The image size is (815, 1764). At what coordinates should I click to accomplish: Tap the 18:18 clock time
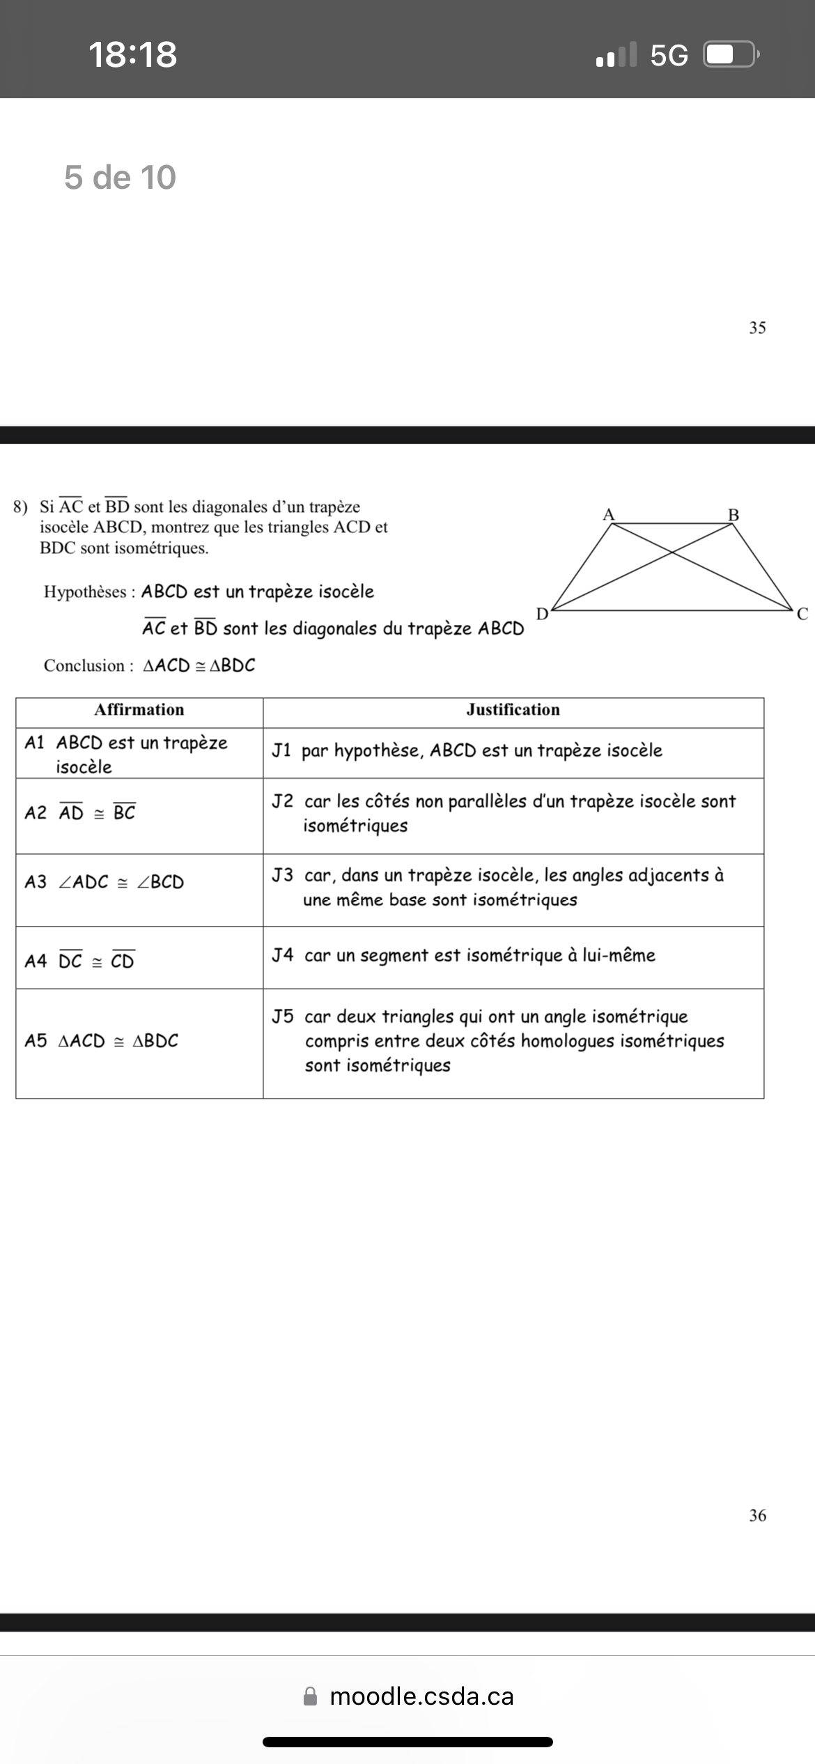pyautogui.click(x=132, y=54)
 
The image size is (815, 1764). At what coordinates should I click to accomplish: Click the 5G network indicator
pyautogui.click(x=669, y=55)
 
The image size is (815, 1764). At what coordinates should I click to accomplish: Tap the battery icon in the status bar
pyautogui.click(x=730, y=54)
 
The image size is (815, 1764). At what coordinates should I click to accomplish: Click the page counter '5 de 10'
pyautogui.click(x=120, y=177)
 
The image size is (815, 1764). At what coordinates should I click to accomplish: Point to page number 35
pyautogui.click(x=757, y=327)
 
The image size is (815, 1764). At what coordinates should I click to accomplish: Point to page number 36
pyautogui.click(x=757, y=1515)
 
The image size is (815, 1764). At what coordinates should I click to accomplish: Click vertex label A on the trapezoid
pyautogui.click(x=608, y=514)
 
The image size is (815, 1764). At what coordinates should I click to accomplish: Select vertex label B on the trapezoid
pyautogui.click(x=733, y=515)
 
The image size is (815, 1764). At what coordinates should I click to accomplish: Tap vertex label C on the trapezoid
pyautogui.click(x=802, y=614)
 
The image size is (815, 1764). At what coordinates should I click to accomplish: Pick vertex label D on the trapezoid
pyautogui.click(x=542, y=614)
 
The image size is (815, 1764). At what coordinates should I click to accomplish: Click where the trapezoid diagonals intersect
pyautogui.click(x=672, y=552)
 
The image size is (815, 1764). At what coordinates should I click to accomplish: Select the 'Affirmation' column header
pyautogui.click(x=139, y=709)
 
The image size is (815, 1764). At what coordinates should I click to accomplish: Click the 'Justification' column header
pyautogui.click(x=513, y=709)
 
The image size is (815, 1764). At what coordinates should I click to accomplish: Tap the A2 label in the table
pyautogui.click(x=36, y=812)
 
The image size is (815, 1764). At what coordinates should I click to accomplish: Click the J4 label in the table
pyautogui.click(x=283, y=954)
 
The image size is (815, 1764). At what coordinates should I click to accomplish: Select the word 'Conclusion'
pyautogui.click(x=84, y=665)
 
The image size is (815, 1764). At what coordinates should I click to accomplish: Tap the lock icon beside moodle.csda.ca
pyautogui.click(x=311, y=1696)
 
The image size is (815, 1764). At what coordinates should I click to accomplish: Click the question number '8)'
pyautogui.click(x=21, y=506)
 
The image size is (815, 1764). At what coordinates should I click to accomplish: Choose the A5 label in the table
pyautogui.click(x=36, y=1041)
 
